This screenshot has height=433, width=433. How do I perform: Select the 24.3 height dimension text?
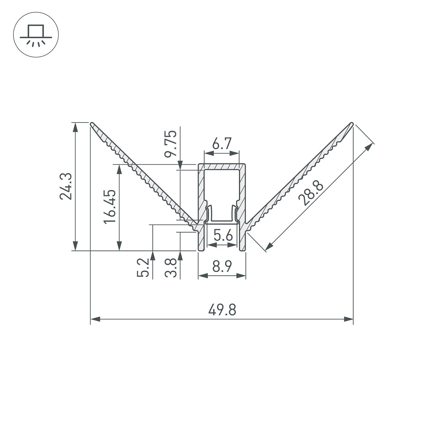pos(66,186)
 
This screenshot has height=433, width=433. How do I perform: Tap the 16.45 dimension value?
pos(110,206)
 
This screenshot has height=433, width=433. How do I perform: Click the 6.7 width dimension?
pos(222,143)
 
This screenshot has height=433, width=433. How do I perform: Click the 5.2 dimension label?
pos(143,268)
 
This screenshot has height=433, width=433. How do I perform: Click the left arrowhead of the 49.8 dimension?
pos(95,319)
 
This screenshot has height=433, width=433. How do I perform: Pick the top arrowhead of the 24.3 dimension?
pos(75,127)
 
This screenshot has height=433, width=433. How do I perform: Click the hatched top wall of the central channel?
pos(222,167)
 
